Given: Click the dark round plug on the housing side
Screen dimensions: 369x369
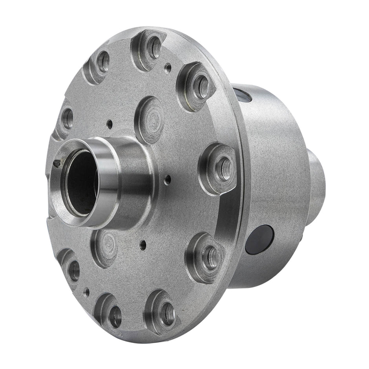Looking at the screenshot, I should pyautogui.click(x=259, y=239).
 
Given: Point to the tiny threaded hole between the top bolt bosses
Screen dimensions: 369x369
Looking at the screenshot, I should pyautogui.click(x=168, y=67).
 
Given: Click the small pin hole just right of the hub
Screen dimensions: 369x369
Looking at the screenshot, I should pyautogui.click(x=168, y=180).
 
